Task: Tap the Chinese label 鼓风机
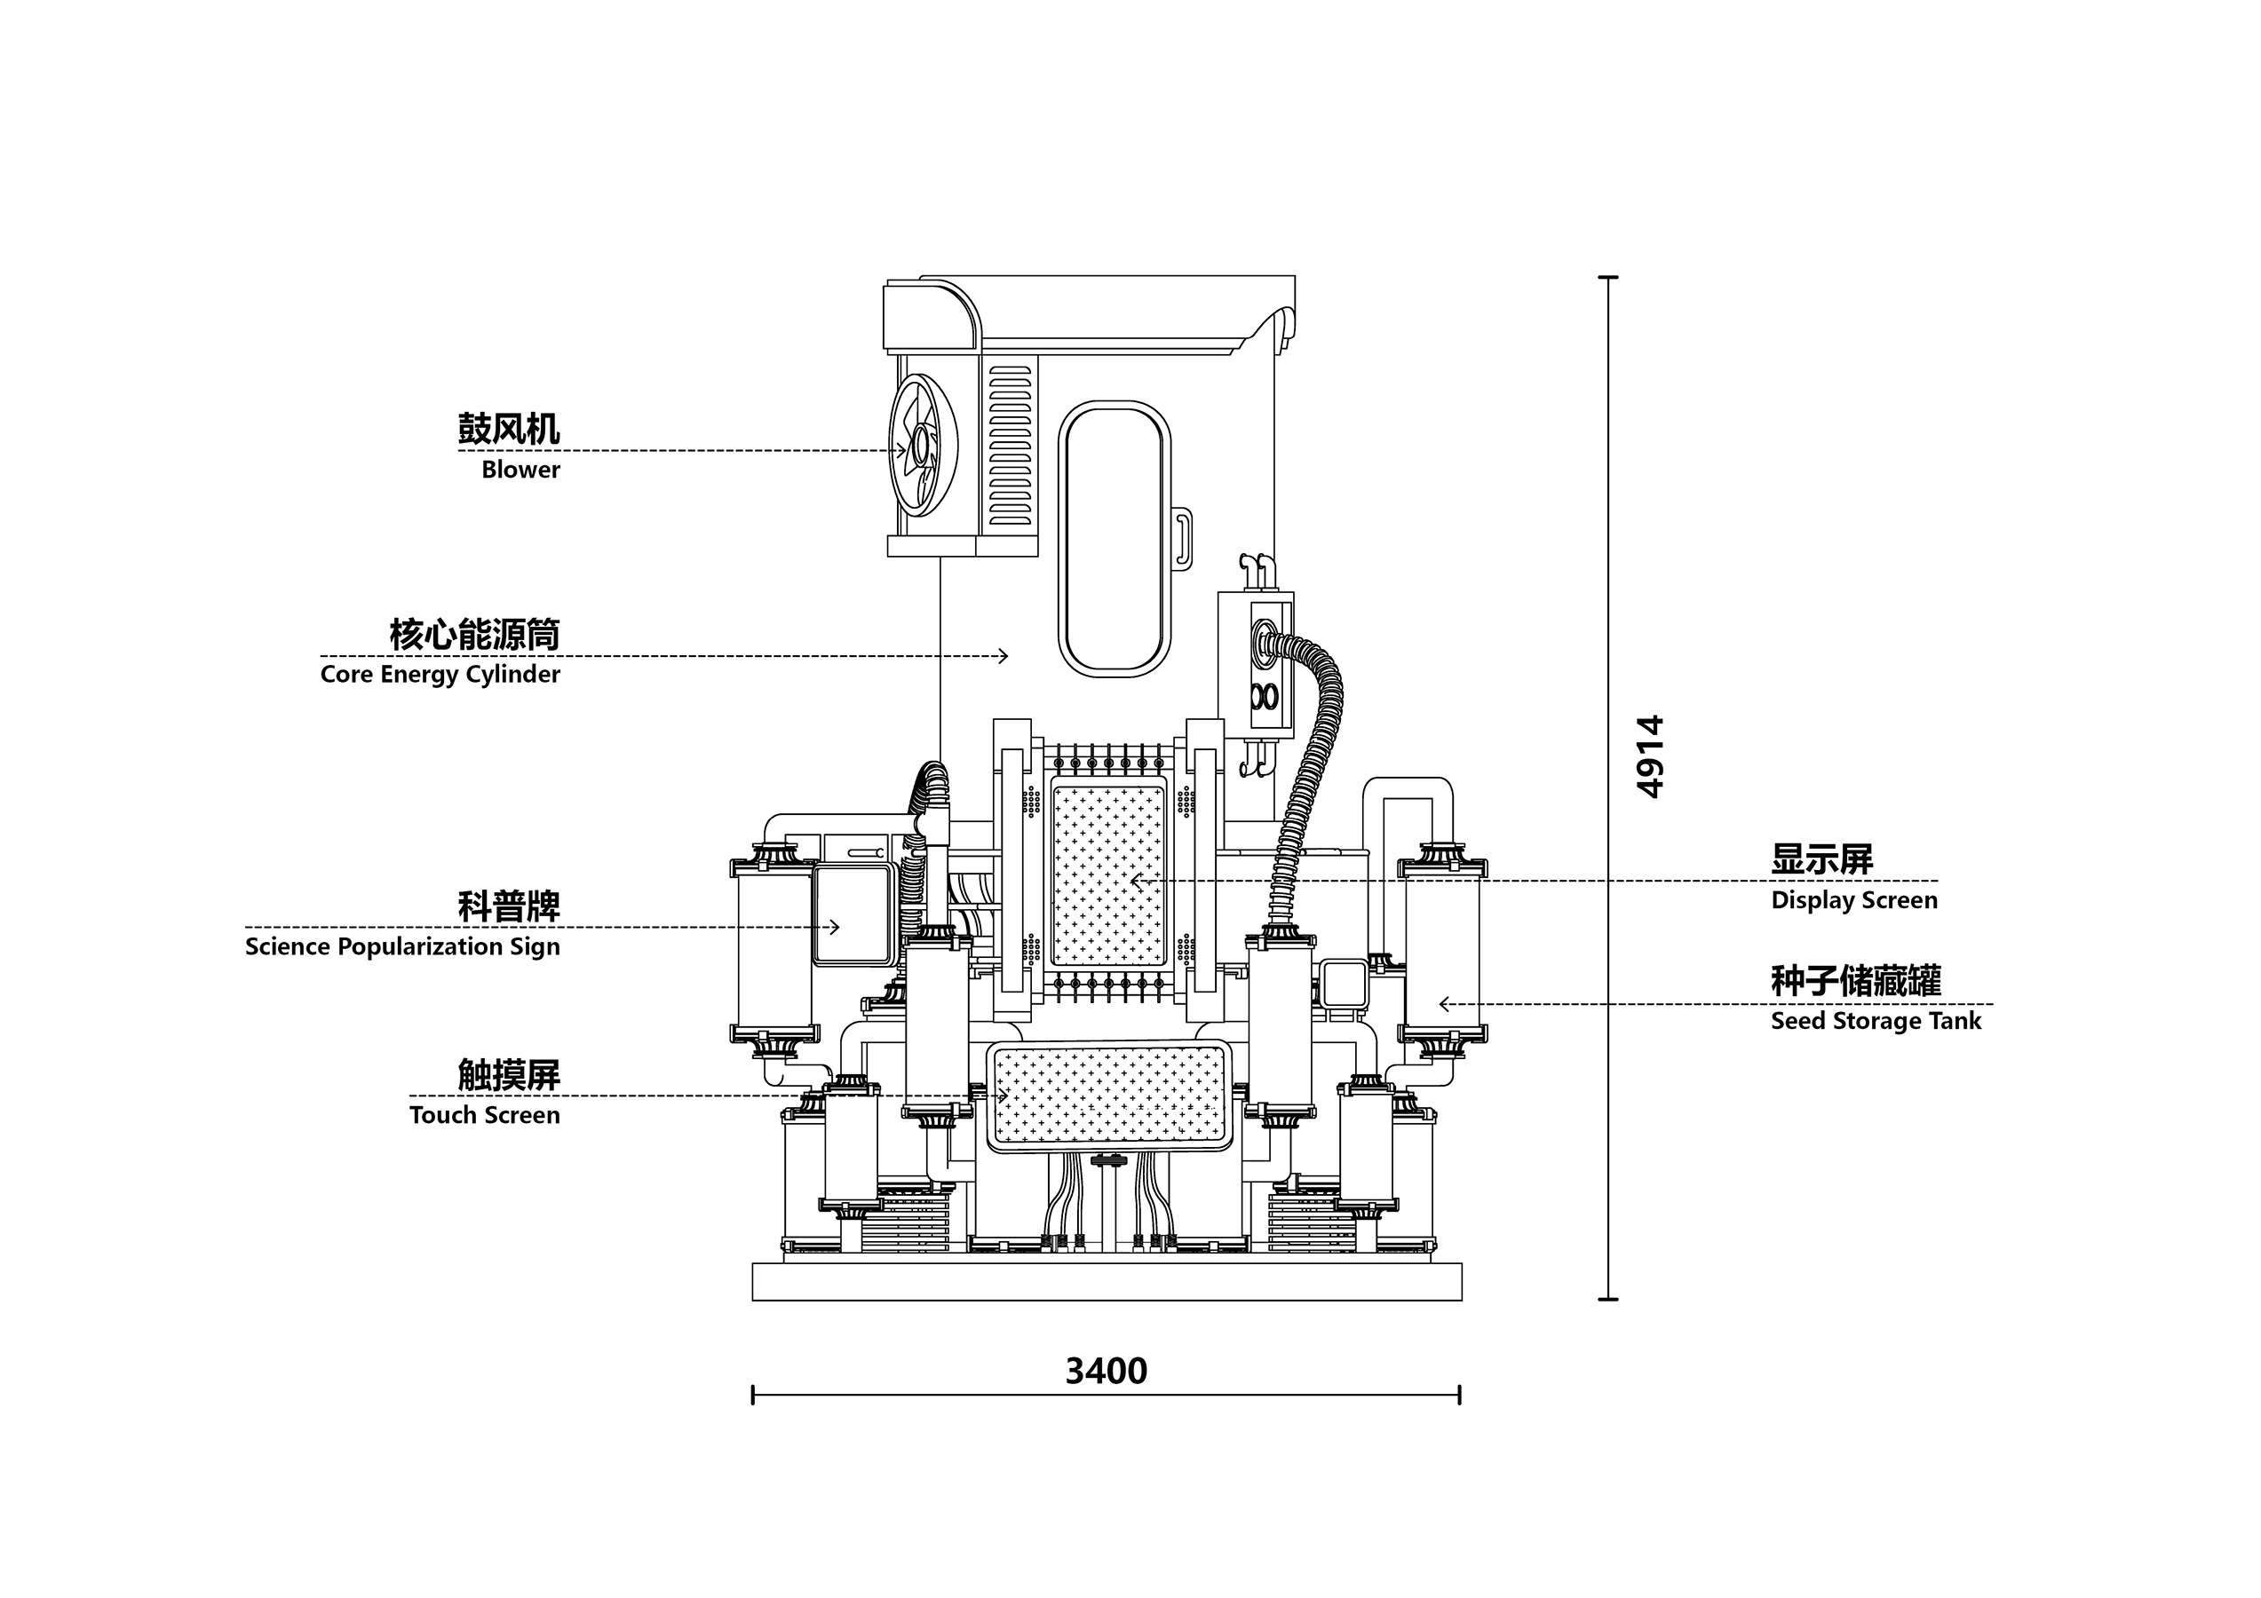(x=508, y=430)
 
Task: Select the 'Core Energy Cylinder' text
(x=440, y=676)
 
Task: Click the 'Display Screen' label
(x=1853, y=901)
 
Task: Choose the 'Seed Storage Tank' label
(x=1875, y=1022)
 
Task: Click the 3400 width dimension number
(x=1106, y=1372)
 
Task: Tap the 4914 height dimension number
(x=1649, y=756)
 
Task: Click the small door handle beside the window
(x=1183, y=539)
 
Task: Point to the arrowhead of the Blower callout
(x=901, y=451)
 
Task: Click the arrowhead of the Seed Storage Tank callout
(x=1443, y=1004)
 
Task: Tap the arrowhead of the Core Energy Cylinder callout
(x=1004, y=656)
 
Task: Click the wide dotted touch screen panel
(x=1109, y=1095)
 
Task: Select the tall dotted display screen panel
(x=1109, y=875)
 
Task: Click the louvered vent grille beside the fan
(x=1010, y=446)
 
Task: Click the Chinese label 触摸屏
(x=508, y=1075)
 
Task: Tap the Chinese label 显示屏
(x=1821, y=859)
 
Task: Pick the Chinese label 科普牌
(x=508, y=906)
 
